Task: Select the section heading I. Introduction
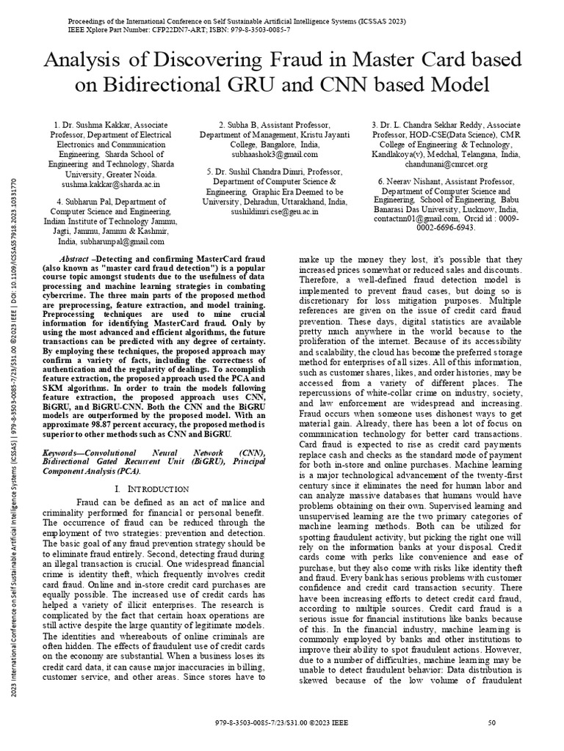(x=152, y=488)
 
